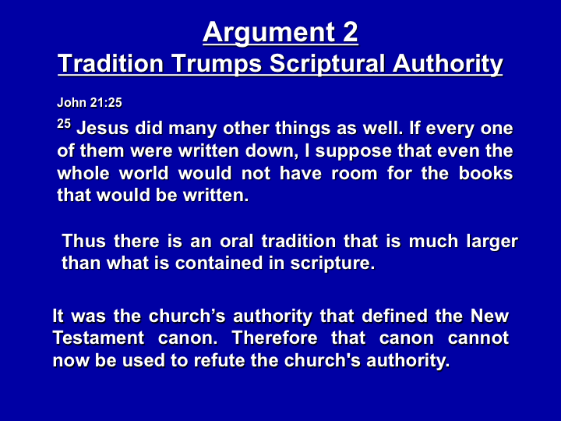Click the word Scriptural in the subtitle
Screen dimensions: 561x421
pyautogui.click(x=327, y=65)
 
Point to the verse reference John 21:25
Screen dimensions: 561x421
pyautogui.click(x=90, y=103)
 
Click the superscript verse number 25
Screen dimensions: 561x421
pyautogui.click(x=64, y=124)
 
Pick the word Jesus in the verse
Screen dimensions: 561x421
pyautogui.click(x=103, y=128)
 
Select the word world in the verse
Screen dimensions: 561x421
pyautogui.click(x=144, y=173)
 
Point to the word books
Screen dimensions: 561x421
pyautogui.click(x=486, y=173)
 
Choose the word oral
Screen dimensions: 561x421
pyautogui.click(x=237, y=241)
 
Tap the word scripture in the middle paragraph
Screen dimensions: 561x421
pyautogui.click(x=333, y=264)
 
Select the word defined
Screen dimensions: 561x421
pyautogui.click(x=394, y=316)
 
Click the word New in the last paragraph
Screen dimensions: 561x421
pyautogui.click(x=489, y=316)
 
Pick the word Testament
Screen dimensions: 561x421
pyautogui.click(x=98, y=338)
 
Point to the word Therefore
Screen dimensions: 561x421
pyautogui.click(x=274, y=338)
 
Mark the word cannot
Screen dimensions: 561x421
pyautogui.click(x=478, y=338)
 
